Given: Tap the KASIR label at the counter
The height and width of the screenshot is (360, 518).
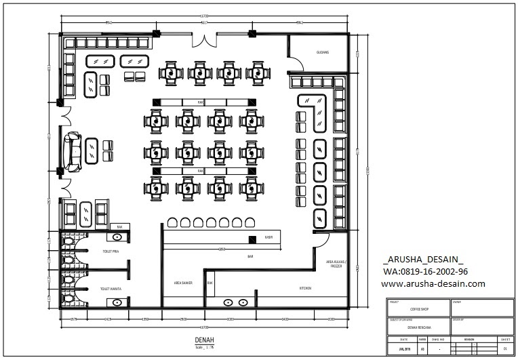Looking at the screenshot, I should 268,238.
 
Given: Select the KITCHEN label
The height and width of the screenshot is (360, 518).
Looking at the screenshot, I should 306,288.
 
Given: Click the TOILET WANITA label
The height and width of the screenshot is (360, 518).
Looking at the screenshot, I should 110,289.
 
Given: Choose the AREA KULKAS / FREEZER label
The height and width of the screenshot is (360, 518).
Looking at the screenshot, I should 336,264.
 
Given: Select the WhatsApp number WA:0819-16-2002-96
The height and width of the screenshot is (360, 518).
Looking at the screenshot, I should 425,272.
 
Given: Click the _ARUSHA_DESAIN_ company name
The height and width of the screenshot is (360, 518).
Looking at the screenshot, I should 424,260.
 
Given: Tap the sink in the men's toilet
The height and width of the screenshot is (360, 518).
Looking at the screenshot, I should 118,237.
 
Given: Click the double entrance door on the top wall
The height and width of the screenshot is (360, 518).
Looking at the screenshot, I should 203,39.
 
